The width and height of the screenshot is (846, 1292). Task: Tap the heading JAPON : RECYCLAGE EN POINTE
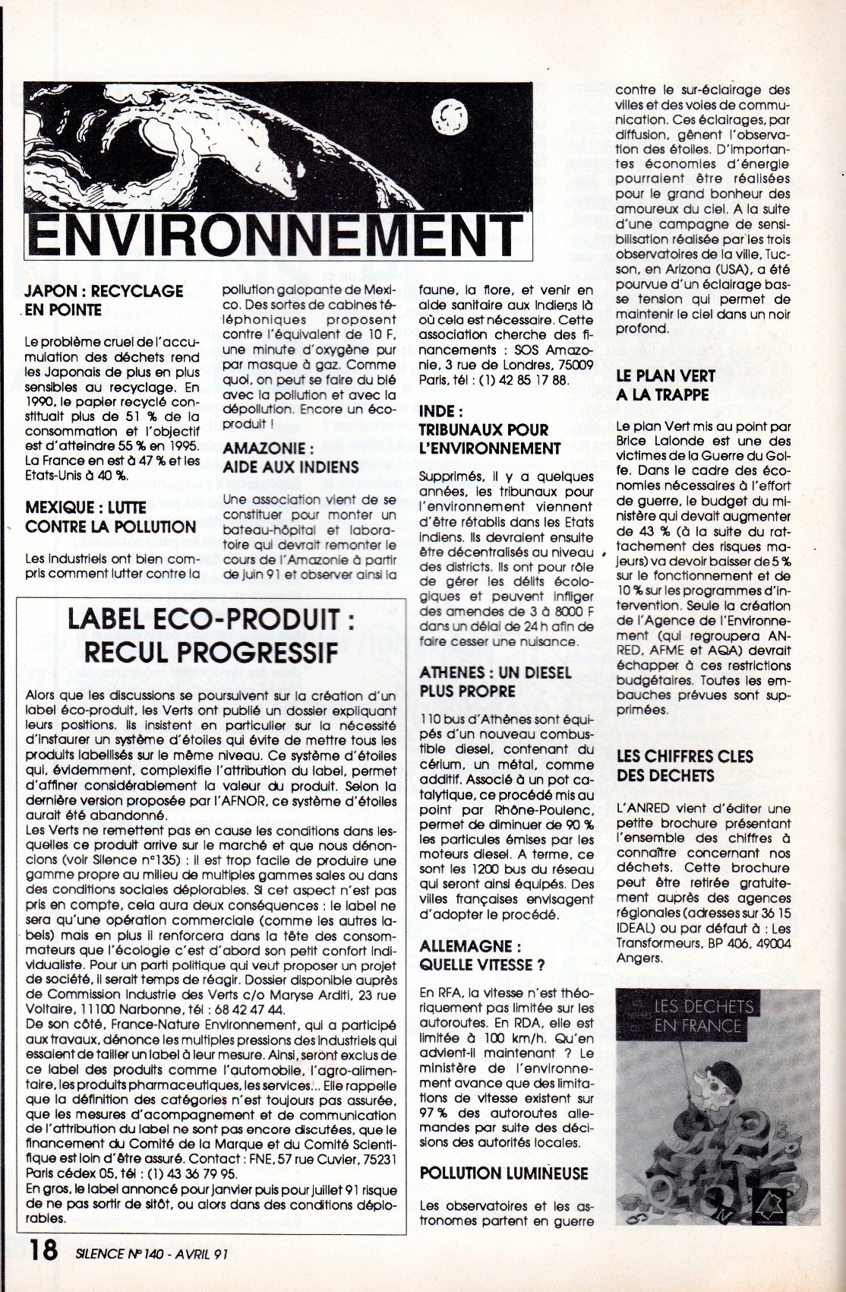tap(103, 299)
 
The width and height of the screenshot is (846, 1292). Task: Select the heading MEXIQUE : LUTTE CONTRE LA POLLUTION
tap(110, 516)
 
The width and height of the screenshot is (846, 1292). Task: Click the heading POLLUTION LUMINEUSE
tap(503, 1173)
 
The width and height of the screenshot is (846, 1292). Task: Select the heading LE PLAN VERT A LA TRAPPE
tap(663, 385)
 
